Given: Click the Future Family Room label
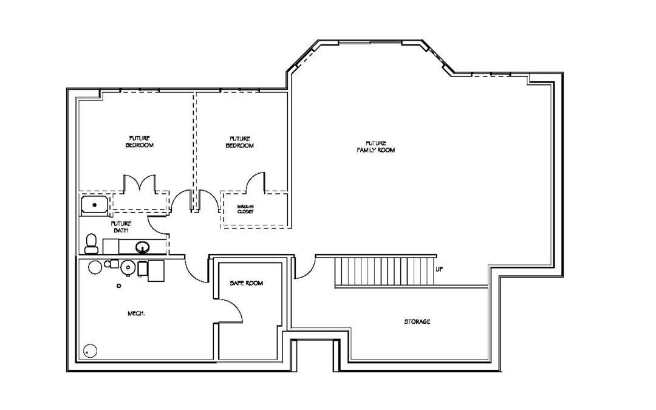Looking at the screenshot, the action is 376,146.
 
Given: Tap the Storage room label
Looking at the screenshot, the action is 417,321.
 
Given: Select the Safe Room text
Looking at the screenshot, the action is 247,283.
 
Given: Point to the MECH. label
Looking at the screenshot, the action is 137,313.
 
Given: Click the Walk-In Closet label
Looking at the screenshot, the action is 245,209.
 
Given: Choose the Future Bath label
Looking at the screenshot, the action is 121,227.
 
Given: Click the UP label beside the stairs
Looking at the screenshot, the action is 439,270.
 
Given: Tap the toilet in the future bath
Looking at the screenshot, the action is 91,244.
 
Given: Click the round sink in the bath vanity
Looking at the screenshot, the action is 143,247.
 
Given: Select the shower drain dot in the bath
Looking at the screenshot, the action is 95,205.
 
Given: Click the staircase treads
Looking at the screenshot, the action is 385,272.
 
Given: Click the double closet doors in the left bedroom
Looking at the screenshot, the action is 139,184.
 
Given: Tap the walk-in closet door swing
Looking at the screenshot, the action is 255,182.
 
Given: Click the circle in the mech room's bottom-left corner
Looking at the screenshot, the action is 90,351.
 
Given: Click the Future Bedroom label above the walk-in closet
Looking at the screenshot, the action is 240,142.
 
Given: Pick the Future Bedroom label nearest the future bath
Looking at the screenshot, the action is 139,142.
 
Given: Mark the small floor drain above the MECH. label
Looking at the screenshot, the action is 119,286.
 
